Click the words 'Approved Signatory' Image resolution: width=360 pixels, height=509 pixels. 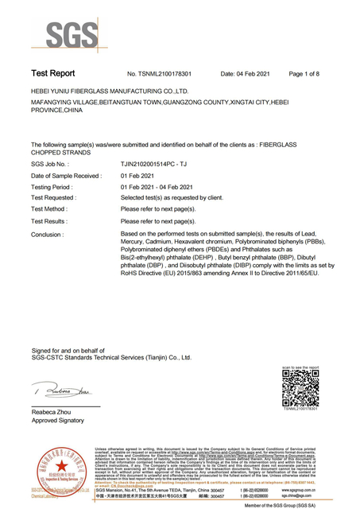(60, 422)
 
